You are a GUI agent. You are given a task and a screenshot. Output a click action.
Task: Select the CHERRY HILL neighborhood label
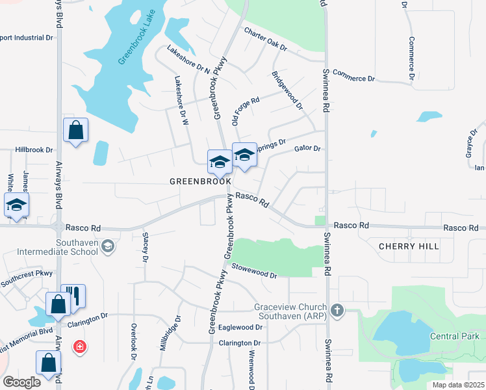(x=408, y=246)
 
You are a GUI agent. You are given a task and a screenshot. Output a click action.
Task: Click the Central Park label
(x=454, y=336)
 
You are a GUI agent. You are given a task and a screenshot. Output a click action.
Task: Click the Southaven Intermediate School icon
(x=108, y=246)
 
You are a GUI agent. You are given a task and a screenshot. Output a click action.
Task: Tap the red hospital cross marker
(x=79, y=348)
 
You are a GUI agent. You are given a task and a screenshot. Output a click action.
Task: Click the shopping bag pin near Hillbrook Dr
(x=76, y=130)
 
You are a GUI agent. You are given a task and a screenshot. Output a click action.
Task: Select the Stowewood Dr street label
(x=255, y=271)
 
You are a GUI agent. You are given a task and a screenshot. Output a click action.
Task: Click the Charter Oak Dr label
(x=265, y=39)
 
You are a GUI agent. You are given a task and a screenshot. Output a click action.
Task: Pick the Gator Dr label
(x=308, y=149)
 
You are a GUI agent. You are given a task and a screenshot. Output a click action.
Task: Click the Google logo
(x=21, y=382)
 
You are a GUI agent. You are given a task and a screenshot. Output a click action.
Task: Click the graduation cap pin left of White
(x=16, y=205)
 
